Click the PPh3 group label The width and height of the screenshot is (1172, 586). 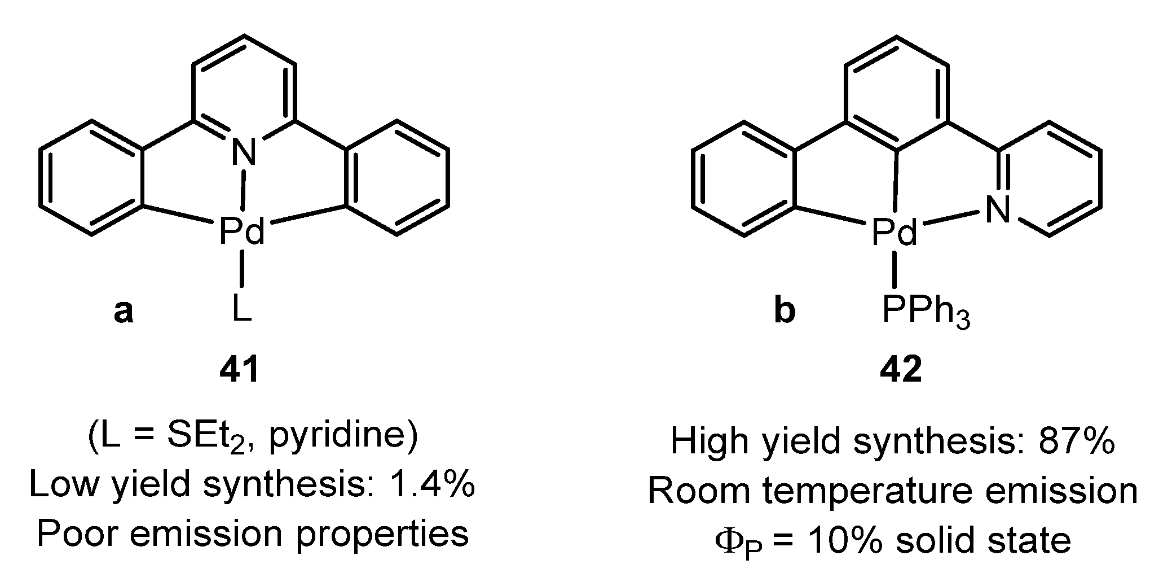pos(926,312)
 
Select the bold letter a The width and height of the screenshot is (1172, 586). pos(124,311)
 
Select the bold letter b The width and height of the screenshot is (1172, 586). pos(785,311)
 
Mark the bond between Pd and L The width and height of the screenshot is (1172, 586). pos(242,270)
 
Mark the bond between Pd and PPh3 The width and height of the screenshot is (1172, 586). pos(895,270)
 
